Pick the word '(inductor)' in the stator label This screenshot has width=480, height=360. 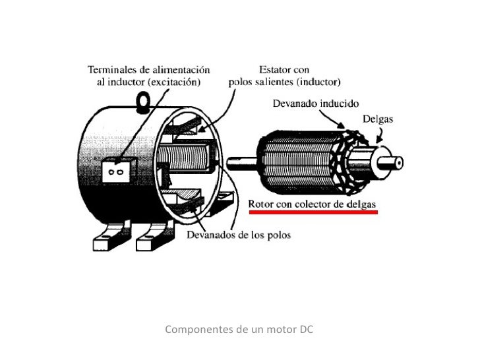(317, 82)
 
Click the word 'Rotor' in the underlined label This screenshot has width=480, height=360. (260, 204)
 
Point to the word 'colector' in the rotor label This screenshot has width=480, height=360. (311, 204)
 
